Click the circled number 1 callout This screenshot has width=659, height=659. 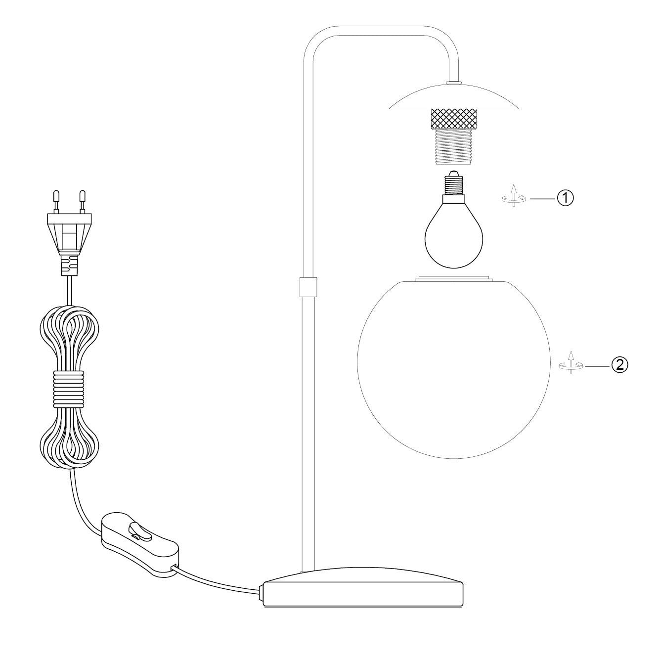[x=565, y=198]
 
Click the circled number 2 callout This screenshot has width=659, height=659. [x=619, y=365]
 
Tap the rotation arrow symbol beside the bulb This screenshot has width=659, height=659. [x=514, y=196]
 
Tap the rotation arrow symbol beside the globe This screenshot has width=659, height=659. [x=571, y=363]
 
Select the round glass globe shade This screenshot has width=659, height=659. [x=453, y=368]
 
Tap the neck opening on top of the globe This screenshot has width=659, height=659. [x=453, y=278]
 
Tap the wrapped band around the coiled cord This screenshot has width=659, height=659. [x=69, y=391]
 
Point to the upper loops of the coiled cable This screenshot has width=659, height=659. [x=69, y=331]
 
